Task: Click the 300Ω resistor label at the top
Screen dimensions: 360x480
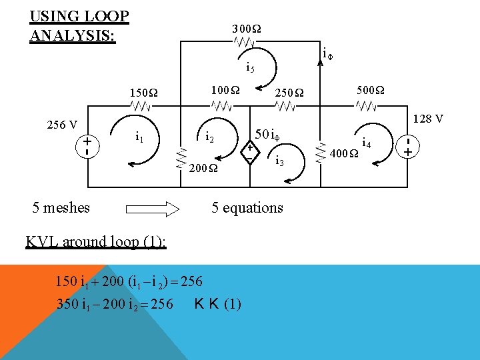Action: pos(247,29)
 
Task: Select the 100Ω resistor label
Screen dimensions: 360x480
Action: pos(225,89)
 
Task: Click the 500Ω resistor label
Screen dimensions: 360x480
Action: pos(370,89)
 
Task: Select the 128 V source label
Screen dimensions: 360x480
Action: pos(428,119)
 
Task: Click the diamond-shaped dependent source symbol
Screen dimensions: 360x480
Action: pos(249,153)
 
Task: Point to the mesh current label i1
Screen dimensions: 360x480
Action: pos(139,137)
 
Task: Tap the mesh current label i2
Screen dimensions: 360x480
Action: pos(209,137)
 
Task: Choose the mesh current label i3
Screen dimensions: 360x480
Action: pos(280,161)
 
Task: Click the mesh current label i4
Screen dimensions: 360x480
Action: pos(366,142)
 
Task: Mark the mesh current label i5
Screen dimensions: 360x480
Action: pos(250,67)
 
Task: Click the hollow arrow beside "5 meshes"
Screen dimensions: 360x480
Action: pos(153,208)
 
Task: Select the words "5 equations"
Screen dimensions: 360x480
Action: pos(247,207)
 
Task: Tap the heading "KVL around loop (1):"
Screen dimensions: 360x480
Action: pos(95,241)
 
